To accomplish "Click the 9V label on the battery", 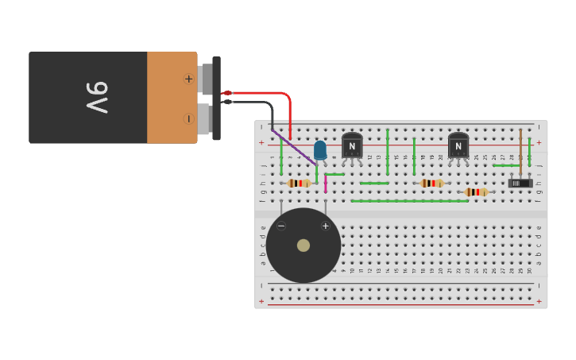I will [x=96, y=97].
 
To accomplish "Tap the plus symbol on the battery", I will [x=188, y=79].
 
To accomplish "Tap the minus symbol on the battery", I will [x=188, y=118].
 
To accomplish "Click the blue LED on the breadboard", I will [x=319, y=149].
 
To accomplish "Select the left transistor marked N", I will [x=352, y=145].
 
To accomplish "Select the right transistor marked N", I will [x=458, y=145].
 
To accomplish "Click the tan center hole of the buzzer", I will [x=303, y=246].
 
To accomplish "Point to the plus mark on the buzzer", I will [x=325, y=226].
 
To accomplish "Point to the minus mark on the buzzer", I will [x=281, y=226].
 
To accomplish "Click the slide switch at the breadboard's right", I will [x=520, y=183].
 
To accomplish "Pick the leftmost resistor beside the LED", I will [x=299, y=183].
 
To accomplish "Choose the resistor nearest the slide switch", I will [x=477, y=192].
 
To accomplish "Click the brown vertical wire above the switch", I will [x=520, y=151].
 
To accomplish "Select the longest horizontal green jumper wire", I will [x=409, y=201].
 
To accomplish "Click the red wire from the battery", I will [x=278, y=95].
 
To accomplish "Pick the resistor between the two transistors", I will [x=431, y=183].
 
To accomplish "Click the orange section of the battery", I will [x=171, y=98].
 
